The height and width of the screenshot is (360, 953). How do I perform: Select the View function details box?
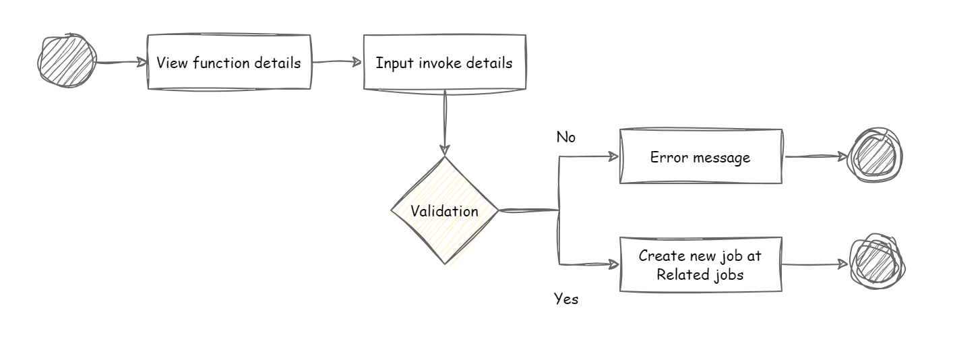(x=229, y=62)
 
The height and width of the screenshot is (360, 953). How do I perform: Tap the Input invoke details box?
(x=444, y=62)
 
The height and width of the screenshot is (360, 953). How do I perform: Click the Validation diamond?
(x=444, y=211)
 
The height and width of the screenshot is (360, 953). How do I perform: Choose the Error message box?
(x=700, y=157)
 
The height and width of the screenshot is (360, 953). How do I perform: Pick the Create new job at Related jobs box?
(x=700, y=265)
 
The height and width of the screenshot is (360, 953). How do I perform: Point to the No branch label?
(x=565, y=138)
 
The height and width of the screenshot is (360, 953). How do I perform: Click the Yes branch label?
(x=565, y=299)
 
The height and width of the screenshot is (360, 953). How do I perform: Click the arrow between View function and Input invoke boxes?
(x=337, y=62)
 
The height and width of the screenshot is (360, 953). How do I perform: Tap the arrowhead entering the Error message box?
(x=613, y=156)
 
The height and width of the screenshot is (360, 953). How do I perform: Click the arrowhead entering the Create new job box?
(x=613, y=264)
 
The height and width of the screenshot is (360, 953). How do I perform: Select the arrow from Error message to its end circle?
(x=816, y=156)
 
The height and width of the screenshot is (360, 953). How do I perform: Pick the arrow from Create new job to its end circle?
(x=816, y=264)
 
